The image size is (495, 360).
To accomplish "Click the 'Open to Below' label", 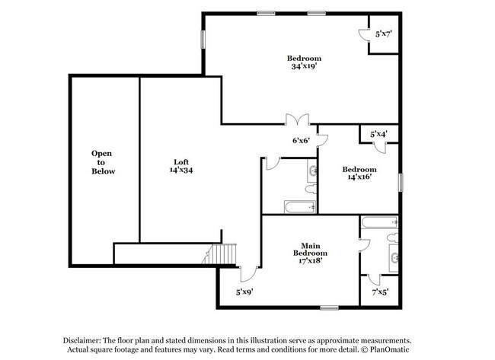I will (x=103, y=162).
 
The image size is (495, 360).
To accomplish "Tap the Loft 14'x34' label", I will (x=180, y=166).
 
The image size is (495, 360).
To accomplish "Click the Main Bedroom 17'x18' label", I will (x=311, y=253).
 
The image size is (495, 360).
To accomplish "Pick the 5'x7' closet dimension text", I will (x=383, y=34).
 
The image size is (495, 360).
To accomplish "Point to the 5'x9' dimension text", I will (x=244, y=292).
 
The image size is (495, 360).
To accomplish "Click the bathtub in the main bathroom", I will (x=378, y=223).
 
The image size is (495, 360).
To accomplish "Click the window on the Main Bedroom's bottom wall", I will (x=329, y=307).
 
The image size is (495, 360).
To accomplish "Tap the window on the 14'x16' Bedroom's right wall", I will (x=399, y=182).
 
